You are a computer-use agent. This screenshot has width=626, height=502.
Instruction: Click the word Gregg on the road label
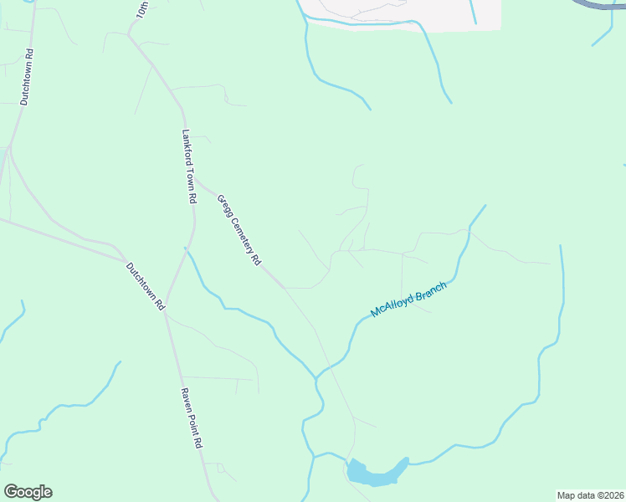point(224,205)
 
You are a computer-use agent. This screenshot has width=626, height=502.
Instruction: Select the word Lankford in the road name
point(187,146)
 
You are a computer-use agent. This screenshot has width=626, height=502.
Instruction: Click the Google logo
point(28,492)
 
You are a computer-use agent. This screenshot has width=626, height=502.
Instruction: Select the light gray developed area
point(402,12)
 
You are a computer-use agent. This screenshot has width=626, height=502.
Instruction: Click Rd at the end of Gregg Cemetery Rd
point(254,260)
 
